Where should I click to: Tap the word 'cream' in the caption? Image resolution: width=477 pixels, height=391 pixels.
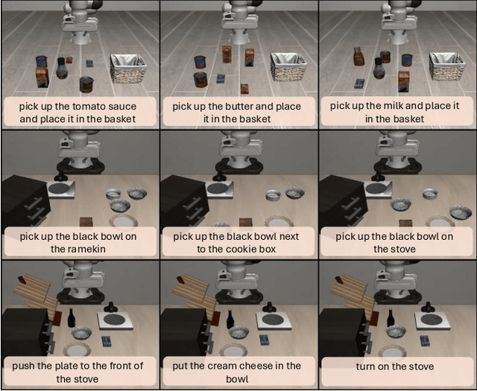(229, 366)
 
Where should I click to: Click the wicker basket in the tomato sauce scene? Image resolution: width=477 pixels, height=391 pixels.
(127, 68)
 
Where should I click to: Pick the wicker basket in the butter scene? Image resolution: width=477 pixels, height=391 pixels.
(288, 66)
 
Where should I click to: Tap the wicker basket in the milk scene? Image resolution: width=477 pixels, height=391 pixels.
(447, 68)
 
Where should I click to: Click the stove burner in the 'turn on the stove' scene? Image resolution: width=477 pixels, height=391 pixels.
(432, 318)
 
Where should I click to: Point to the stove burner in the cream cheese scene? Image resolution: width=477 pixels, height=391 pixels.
(274, 319)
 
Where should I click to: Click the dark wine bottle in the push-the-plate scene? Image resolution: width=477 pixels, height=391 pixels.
(72, 318)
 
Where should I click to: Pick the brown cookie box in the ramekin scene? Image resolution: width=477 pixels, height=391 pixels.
(86, 223)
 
